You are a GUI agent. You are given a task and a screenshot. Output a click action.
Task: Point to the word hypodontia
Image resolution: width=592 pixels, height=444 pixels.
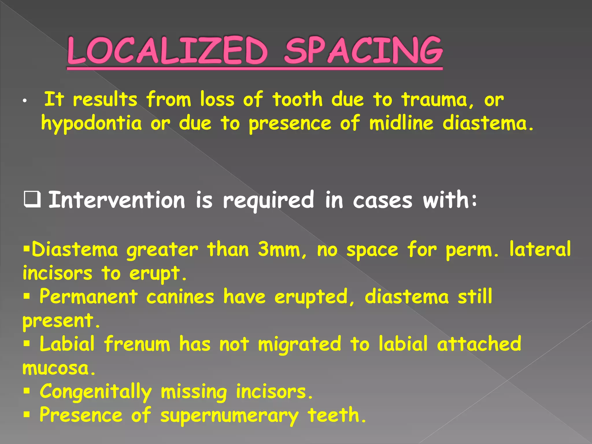[x=91, y=124]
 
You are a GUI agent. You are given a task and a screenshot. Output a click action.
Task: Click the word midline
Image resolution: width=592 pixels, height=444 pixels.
[x=401, y=123]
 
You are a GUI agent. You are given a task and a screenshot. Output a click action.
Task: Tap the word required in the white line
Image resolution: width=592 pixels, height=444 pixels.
[x=268, y=200]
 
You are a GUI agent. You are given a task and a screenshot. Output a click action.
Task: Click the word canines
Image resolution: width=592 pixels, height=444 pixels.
[x=180, y=297]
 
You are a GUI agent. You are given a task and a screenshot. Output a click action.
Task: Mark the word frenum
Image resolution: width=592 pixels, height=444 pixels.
[x=137, y=344]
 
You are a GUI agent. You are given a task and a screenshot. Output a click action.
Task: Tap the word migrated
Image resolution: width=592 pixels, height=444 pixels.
[x=299, y=345]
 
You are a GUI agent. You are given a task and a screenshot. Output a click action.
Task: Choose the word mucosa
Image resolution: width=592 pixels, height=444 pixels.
[x=59, y=368]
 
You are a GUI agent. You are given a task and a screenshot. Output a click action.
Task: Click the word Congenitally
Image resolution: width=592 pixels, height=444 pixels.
[x=96, y=392]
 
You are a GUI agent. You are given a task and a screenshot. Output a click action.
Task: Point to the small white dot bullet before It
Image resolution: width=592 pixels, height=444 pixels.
[x=25, y=101]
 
